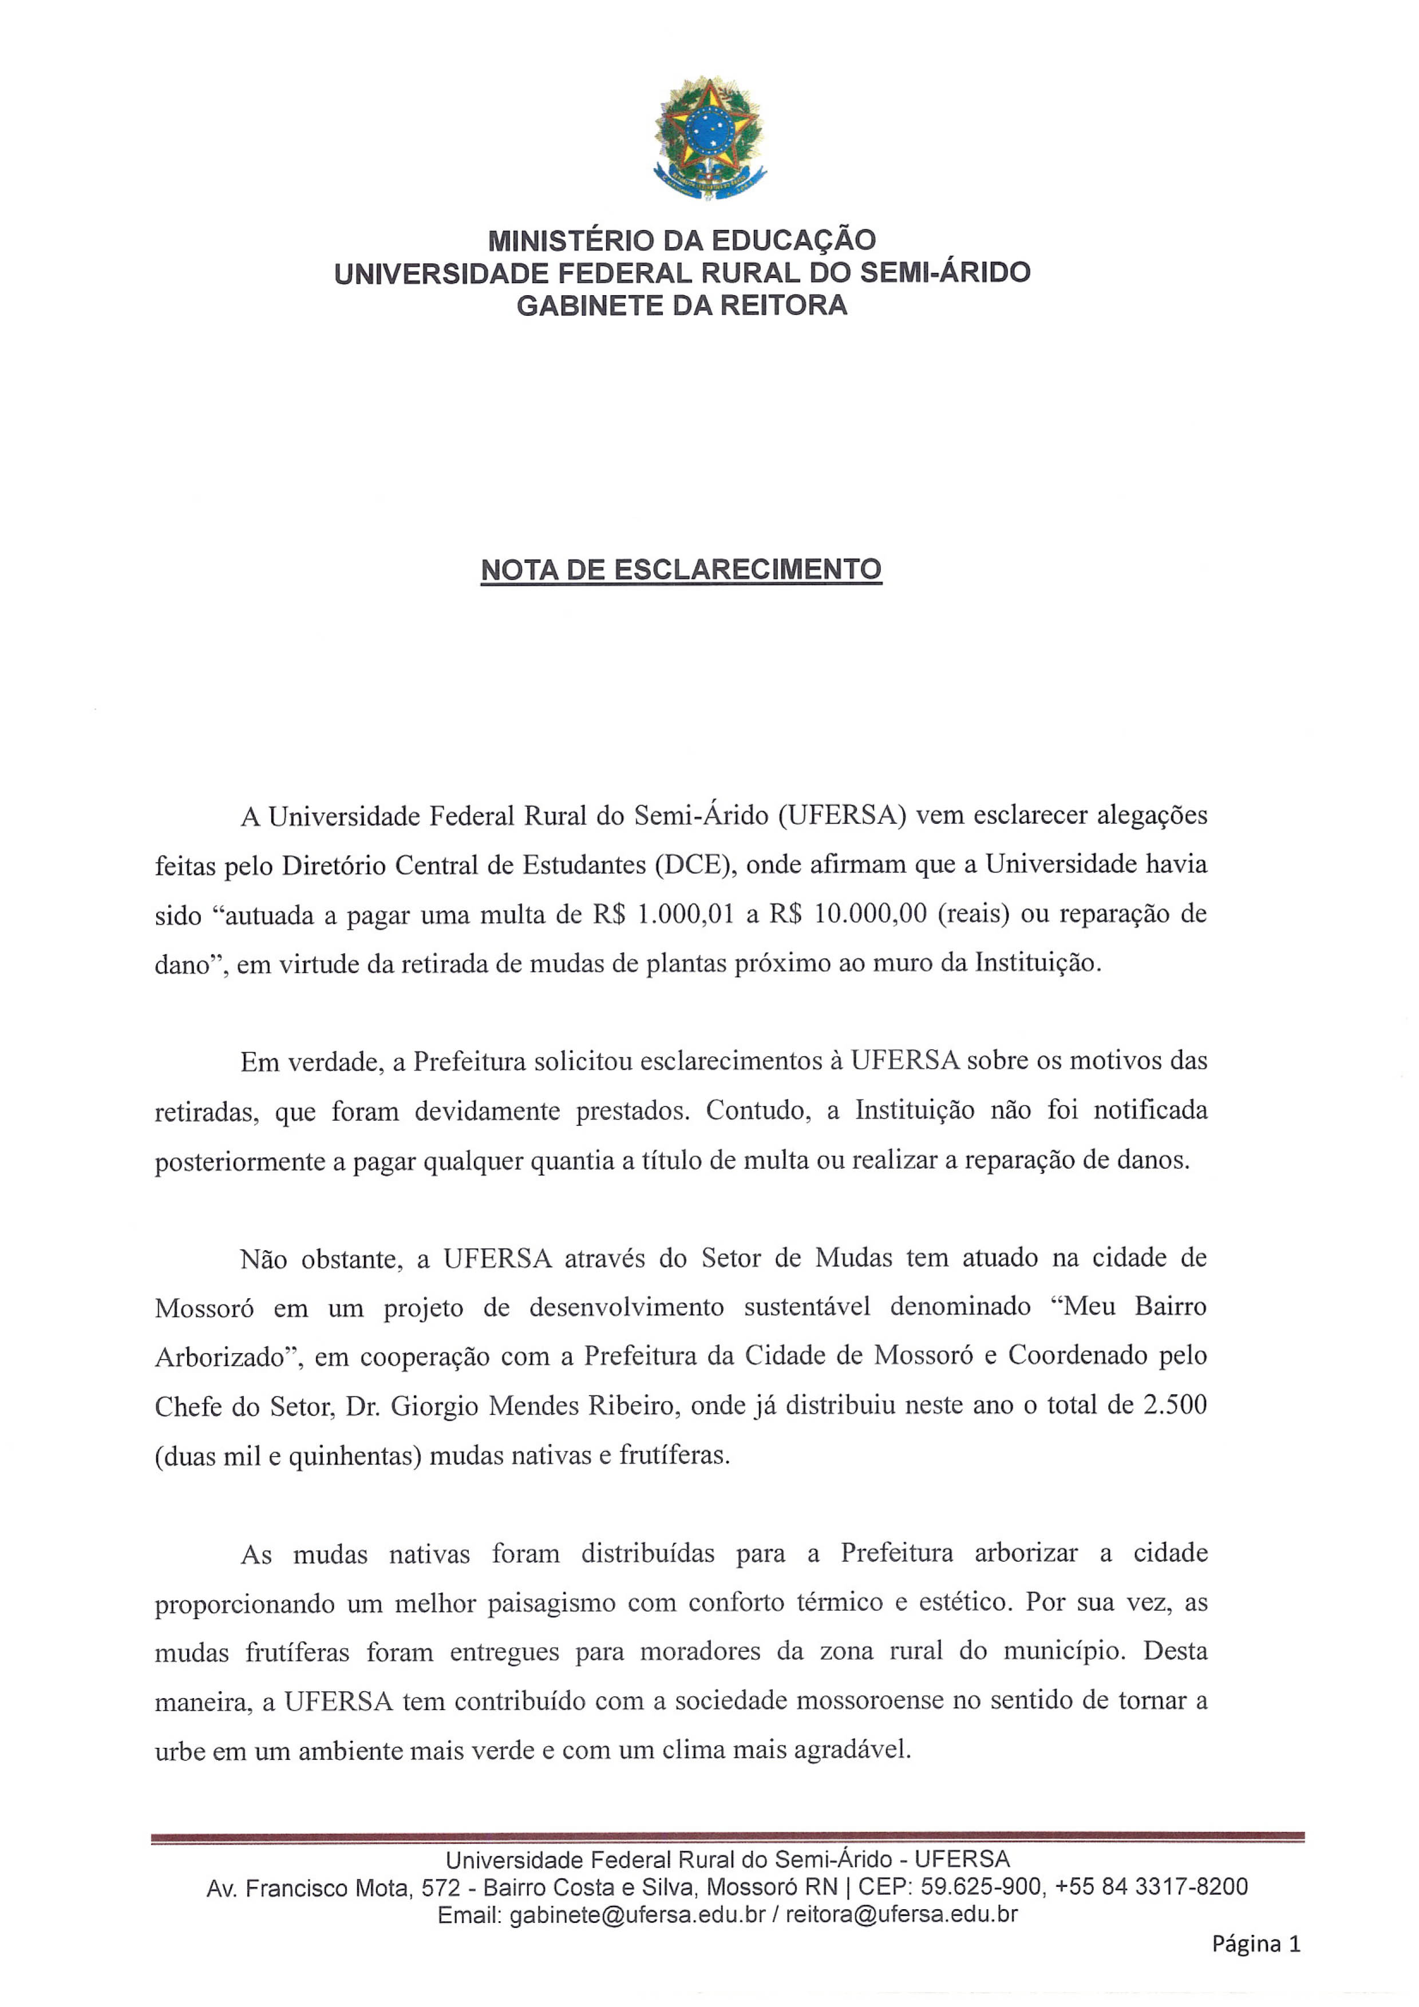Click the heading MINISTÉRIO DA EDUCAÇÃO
(682, 240)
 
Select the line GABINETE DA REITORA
(682, 305)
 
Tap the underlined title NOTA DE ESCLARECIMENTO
(681, 570)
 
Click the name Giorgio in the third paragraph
(434, 1406)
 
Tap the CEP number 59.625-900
(981, 1887)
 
